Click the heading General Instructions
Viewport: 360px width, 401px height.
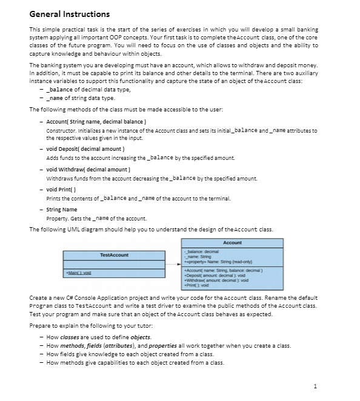pyautogui.click(x=70, y=14)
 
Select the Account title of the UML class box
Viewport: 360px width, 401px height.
pyautogui.click(x=232, y=242)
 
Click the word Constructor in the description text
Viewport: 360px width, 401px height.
pyautogui.click(x=60, y=130)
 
